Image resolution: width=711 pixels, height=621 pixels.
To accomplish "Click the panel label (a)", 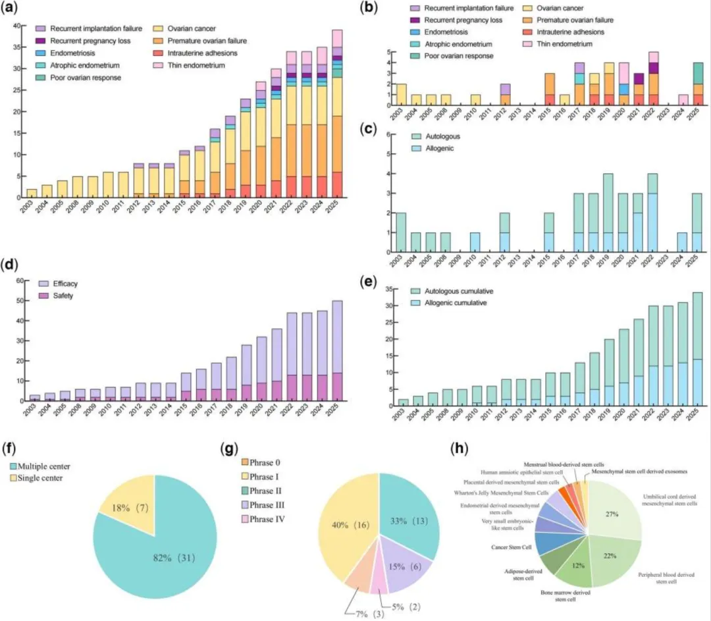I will (x=12, y=10).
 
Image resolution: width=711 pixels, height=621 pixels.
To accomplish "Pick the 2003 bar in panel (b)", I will (x=401, y=95).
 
